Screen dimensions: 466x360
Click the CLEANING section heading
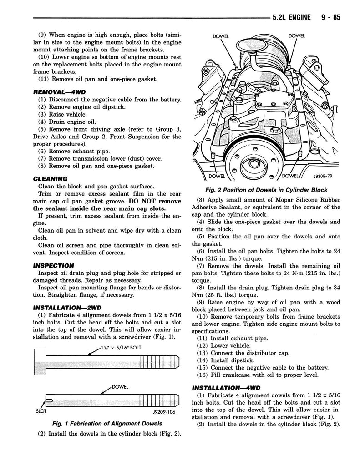point(50,178)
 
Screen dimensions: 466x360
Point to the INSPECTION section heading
point(53,265)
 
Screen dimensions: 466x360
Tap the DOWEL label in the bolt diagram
point(119,387)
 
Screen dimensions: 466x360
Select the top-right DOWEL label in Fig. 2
point(296,36)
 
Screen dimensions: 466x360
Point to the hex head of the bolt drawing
point(40,362)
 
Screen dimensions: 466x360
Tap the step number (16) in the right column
point(203,375)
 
